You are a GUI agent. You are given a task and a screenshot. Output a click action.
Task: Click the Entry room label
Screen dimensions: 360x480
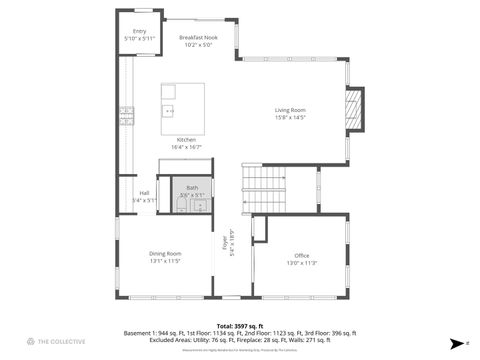point(139,32)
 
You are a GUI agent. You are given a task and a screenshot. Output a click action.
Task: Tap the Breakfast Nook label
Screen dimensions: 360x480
point(198,37)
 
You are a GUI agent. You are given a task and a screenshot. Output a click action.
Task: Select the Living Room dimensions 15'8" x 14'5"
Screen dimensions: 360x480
point(290,118)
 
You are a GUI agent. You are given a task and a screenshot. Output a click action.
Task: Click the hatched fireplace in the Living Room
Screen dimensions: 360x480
point(353,110)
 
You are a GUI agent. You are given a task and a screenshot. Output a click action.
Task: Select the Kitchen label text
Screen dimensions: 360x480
point(186,139)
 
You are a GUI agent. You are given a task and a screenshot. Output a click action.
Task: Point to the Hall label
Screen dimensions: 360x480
point(144,193)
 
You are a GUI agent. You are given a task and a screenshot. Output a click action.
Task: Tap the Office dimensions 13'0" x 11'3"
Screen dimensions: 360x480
point(302,263)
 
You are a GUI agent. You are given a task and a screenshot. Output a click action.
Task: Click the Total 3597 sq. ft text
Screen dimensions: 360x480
point(240,325)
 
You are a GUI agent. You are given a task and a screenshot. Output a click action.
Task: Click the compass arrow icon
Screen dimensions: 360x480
point(455,341)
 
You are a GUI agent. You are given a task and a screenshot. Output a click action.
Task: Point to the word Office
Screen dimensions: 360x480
point(302,256)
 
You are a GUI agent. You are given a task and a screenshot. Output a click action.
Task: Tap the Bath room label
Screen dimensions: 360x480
point(192,187)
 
